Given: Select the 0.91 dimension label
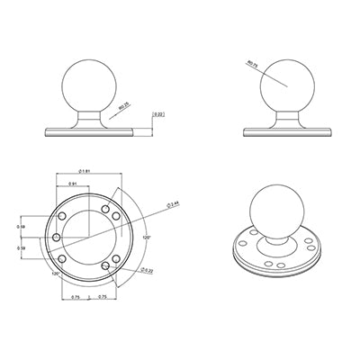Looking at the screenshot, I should pyautogui.click(x=75, y=184).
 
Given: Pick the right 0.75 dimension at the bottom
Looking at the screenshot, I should pyautogui.click(x=103, y=296).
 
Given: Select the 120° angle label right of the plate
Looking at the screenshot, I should pyautogui.click(x=146, y=238).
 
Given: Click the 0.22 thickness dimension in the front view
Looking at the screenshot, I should pyautogui.click(x=158, y=114).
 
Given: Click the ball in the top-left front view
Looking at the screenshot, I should pyautogui.click(x=90, y=85).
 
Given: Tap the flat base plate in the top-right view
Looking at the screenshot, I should pyautogui.click(x=289, y=132).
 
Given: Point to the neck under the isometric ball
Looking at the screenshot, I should pyautogui.click(x=274, y=239).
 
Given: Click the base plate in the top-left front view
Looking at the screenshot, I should pyautogui.click(x=90, y=132).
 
